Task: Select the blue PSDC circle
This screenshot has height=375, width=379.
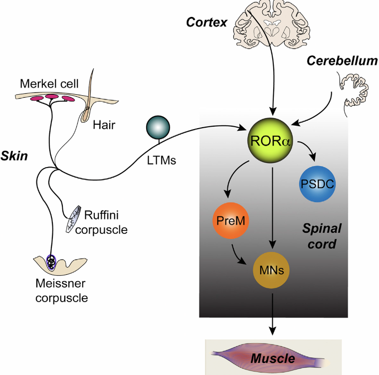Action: [317, 184]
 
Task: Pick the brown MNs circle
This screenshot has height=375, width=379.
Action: [272, 272]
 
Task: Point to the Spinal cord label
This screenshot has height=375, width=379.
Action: [322, 236]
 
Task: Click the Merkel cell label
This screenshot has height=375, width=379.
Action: [49, 83]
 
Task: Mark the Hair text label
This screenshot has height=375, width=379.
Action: [104, 125]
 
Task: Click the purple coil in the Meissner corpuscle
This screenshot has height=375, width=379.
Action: [52, 262]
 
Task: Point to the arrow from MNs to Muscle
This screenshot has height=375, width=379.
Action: [272, 314]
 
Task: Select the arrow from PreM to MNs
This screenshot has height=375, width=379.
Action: [241, 252]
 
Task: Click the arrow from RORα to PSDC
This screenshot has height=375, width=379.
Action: [308, 150]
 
